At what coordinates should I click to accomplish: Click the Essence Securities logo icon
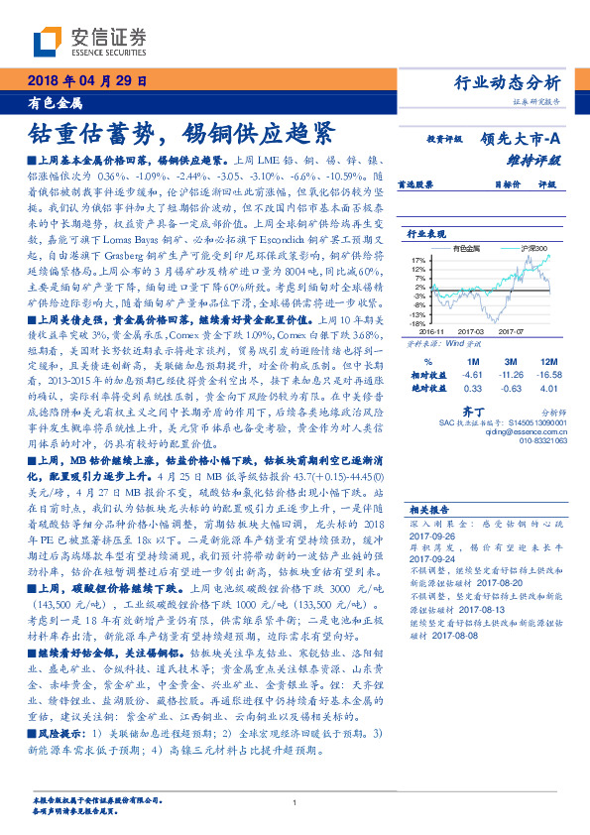click(x=51, y=42)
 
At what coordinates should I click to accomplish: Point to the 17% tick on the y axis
click(x=420, y=259)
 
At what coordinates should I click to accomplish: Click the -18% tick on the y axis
click(x=419, y=323)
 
